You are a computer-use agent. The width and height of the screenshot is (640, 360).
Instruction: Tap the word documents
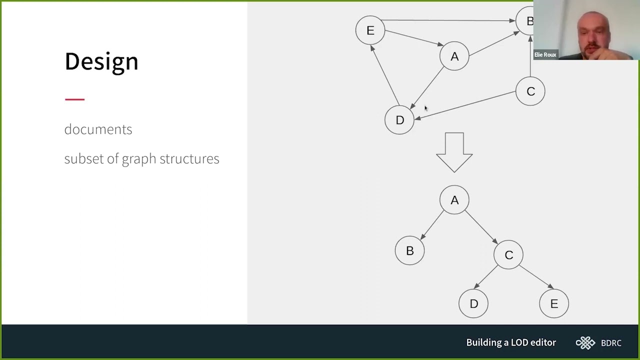[98, 129]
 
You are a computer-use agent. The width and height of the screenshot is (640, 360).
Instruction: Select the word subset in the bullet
[84, 158]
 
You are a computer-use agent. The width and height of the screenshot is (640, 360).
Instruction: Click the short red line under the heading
[75, 99]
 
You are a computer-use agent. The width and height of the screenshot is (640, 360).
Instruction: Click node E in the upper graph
[370, 30]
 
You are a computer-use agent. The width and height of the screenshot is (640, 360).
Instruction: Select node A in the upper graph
[454, 56]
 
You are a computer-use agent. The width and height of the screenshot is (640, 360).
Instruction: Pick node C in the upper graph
[530, 91]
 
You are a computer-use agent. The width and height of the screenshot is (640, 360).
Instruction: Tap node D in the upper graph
[399, 120]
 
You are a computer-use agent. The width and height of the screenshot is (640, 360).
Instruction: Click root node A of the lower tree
[454, 200]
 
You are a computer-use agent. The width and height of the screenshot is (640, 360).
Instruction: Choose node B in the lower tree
[409, 250]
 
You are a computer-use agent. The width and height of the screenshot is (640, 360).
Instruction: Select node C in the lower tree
[508, 255]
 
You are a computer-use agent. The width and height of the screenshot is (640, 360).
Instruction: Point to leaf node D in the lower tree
[473, 303]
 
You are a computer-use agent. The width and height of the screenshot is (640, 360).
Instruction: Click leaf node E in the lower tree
[554, 303]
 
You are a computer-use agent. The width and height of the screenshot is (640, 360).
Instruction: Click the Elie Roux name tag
[545, 54]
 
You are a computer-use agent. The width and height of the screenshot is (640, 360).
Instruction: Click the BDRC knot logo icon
[585, 343]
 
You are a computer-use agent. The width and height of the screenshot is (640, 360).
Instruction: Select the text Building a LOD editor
[511, 342]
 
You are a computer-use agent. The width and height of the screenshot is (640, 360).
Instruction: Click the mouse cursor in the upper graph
[426, 108]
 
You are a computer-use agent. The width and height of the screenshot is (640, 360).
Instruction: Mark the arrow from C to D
[465, 105]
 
